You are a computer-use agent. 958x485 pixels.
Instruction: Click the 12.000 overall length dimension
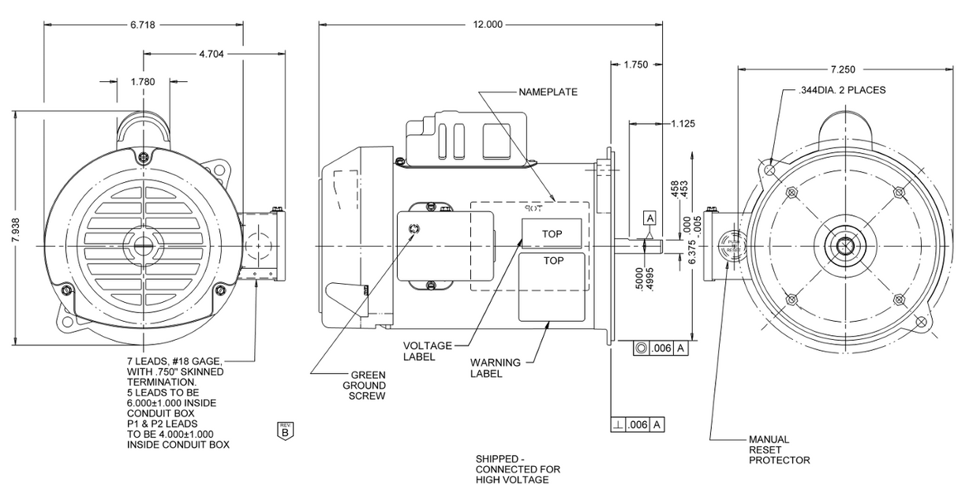click(x=488, y=24)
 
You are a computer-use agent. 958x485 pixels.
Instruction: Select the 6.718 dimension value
click(x=143, y=24)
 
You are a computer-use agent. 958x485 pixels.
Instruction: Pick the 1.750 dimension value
click(x=636, y=65)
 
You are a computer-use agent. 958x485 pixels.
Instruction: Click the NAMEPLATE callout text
click(x=548, y=92)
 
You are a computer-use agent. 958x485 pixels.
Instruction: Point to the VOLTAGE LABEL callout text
click(x=428, y=351)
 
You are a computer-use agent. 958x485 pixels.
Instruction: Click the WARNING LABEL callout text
click(x=496, y=368)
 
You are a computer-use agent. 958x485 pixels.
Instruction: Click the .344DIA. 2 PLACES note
click(x=842, y=90)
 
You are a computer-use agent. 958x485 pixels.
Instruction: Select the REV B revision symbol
click(x=284, y=430)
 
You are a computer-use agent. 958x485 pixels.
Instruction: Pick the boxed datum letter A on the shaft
click(x=650, y=217)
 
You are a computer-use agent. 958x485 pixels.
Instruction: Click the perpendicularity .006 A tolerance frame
click(x=638, y=424)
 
